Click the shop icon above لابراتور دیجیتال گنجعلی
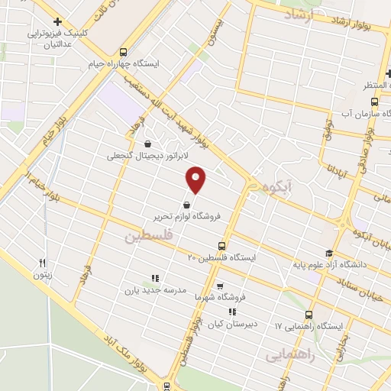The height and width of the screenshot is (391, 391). click(147, 143)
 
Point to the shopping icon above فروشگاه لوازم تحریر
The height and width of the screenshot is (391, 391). click(187, 204)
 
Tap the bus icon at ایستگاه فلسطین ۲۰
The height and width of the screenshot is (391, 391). click(221, 246)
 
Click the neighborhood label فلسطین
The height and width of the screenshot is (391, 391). click(149, 238)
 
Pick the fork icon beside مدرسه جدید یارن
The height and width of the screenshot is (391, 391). click(154, 279)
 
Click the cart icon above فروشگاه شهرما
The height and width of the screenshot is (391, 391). click(220, 286)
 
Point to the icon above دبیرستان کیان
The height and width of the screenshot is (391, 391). click(232, 312)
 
